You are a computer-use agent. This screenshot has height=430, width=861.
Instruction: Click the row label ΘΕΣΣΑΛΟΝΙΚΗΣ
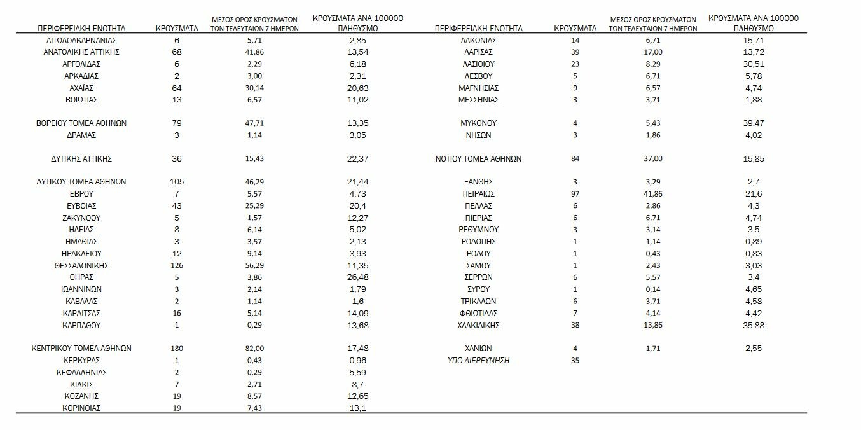[x=81, y=265]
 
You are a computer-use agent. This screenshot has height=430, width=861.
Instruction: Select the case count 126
[x=176, y=265]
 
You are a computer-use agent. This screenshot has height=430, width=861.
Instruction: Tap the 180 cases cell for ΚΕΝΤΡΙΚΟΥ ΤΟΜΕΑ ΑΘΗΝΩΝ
[x=176, y=349]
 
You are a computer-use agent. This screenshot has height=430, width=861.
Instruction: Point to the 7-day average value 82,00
[x=254, y=349]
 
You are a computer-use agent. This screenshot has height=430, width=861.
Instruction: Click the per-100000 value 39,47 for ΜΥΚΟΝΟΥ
[x=754, y=123]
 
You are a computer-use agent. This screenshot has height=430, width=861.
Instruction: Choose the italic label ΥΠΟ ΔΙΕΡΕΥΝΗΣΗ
[x=479, y=361]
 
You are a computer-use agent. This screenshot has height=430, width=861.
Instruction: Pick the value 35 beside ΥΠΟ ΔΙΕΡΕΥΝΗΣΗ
[x=575, y=361]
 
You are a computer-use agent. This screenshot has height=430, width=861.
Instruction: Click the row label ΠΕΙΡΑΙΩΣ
[x=479, y=194]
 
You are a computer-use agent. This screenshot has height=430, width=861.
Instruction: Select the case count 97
[x=575, y=194]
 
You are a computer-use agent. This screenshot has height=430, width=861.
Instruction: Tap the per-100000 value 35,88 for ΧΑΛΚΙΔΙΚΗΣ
[x=754, y=326]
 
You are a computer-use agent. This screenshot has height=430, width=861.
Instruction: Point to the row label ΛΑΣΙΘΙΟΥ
[x=479, y=64]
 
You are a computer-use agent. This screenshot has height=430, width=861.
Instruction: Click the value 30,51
[x=754, y=64]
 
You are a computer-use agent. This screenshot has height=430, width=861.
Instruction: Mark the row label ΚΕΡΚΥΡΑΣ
[x=81, y=361]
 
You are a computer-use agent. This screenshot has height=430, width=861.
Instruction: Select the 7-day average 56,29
[x=254, y=265]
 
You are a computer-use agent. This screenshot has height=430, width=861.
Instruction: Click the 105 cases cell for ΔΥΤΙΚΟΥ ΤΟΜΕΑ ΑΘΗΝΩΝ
[x=176, y=181]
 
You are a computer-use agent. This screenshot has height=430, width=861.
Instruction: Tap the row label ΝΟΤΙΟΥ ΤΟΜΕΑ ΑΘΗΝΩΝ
[x=479, y=158]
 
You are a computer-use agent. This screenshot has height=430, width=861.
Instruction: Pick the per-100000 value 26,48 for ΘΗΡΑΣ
[x=358, y=277]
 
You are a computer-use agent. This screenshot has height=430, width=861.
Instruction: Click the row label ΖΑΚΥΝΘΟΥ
[x=81, y=218]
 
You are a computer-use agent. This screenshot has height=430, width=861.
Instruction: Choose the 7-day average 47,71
[x=254, y=123]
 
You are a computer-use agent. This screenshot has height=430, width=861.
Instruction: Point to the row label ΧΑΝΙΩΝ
[x=479, y=349]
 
